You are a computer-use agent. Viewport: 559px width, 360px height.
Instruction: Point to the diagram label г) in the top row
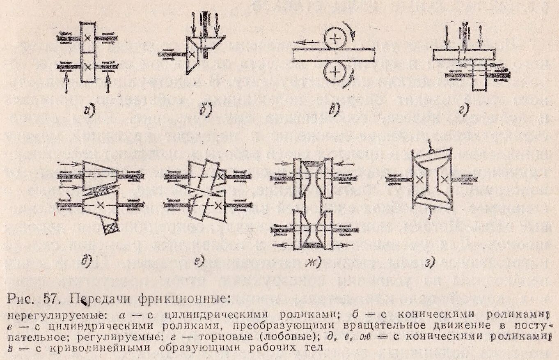464,110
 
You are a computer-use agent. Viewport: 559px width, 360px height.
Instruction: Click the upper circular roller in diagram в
336,39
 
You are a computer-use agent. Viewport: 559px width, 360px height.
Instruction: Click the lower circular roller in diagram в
336,72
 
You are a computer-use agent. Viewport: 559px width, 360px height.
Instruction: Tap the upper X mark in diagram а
87,38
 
